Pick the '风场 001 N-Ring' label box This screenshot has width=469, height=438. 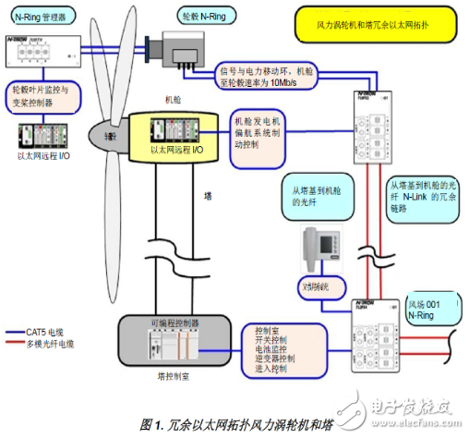tap(429, 309)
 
